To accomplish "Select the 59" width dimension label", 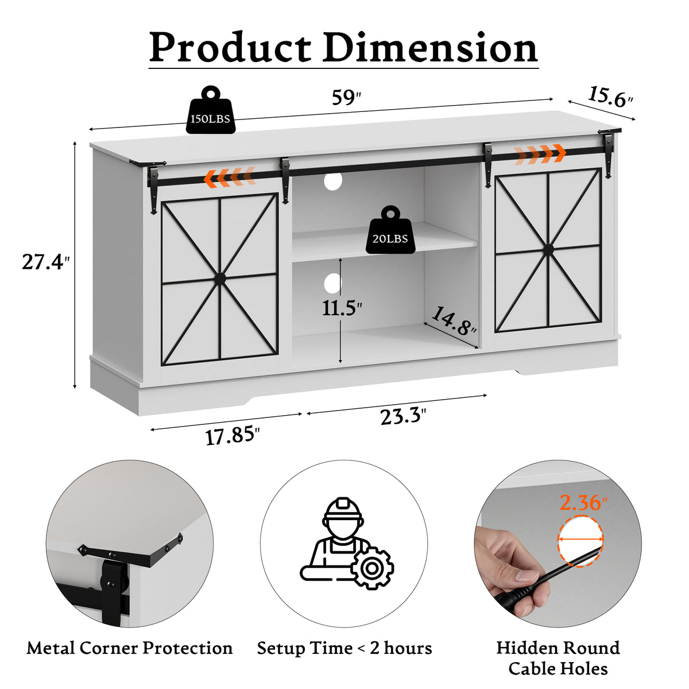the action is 346,98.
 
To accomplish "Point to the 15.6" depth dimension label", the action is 610,96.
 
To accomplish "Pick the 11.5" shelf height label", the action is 342,308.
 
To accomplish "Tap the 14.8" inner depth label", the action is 454,321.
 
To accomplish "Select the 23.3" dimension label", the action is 403,416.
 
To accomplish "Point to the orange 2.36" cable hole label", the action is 583,502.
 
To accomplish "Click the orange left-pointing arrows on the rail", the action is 230,177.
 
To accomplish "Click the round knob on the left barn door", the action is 220,278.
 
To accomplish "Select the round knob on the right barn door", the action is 547,249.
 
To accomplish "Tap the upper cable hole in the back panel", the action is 333,181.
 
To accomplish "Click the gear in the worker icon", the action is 372,568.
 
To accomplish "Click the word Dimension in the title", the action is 430,48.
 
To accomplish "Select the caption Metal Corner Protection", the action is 129,648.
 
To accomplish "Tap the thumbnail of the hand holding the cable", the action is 558,543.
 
